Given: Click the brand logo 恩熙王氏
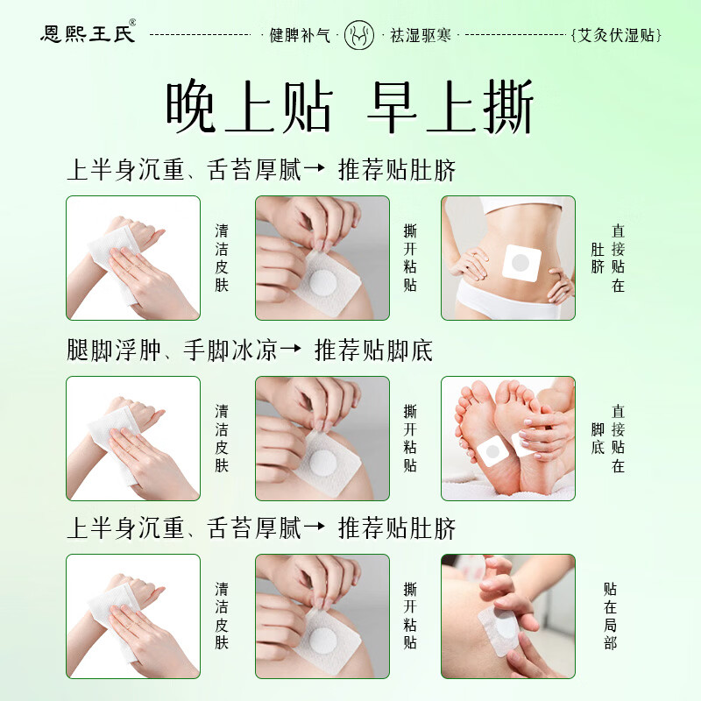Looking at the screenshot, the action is click(x=87, y=33).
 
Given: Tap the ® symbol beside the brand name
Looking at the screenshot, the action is click(x=133, y=23).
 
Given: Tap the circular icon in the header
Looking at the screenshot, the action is click(x=359, y=34).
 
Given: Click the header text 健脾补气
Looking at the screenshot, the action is click(x=300, y=35).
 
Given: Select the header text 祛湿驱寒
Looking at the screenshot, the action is click(x=421, y=35).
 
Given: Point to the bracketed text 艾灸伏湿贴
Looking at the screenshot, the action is click(x=616, y=35).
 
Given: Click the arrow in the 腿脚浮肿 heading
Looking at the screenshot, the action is click(x=291, y=348).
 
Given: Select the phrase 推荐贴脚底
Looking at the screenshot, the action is click(x=374, y=350).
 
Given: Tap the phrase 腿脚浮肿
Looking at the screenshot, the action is click(x=114, y=350).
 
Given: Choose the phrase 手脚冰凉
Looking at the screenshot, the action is click(x=230, y=350).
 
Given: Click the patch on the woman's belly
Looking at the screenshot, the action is click(x=521, y=263).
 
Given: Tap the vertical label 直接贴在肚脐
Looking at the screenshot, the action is click(x=608, y=258).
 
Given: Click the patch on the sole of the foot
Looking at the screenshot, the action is click(x=492, y=450).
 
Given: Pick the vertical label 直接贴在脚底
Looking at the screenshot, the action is click(x=608, y=438).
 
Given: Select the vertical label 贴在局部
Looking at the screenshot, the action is click(x=610, y=616).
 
